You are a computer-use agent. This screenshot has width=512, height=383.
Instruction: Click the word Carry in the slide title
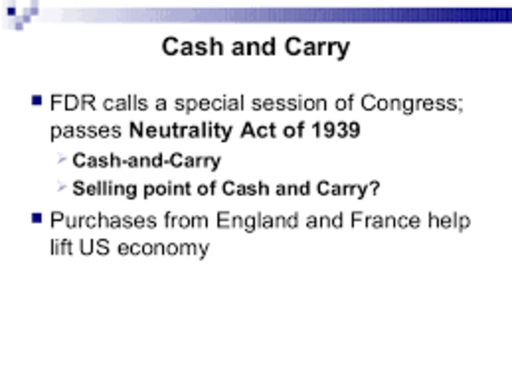(314, 47)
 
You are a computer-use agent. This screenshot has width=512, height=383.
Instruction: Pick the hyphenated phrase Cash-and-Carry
(146, 161)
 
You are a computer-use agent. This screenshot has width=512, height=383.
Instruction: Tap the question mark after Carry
(375, 190)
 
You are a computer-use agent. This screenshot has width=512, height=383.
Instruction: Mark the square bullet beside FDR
(36, 102)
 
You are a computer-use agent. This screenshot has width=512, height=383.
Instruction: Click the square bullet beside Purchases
(36, 217)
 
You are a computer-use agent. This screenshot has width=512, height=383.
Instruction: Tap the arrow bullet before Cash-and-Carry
(62, 159)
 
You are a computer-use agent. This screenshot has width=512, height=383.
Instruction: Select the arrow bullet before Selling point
(62, 188)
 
